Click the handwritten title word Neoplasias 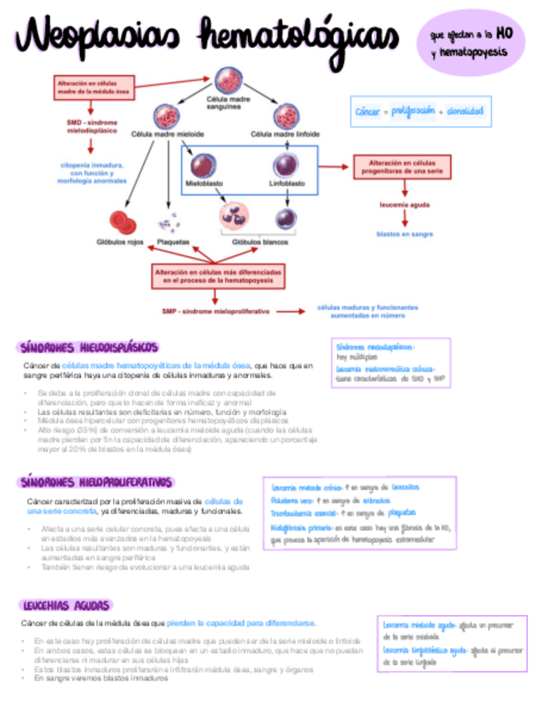click(x=97, y=38)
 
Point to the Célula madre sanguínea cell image click(x=228, y=80)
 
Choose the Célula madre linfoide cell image click(x=286, y=116)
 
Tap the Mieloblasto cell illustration click(x=202, y=164)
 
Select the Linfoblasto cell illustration click(x=286, y=164)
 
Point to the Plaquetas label click(x=173, y=242)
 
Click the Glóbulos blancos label click(x=254, y=242)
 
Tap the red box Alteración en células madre click(x=93, y=88)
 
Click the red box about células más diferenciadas click(x=220, y=276)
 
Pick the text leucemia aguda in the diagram click(x=404, y=202)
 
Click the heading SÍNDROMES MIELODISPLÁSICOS click(x=88, y=347)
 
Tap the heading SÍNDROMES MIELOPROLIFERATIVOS click(x=97, y=481)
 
